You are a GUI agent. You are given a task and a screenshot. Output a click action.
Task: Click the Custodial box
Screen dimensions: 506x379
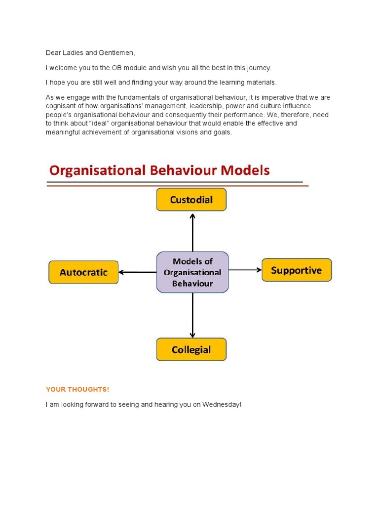191,200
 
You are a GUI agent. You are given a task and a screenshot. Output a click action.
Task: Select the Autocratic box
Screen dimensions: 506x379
83,272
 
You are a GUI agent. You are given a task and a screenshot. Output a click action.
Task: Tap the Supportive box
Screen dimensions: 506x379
297,270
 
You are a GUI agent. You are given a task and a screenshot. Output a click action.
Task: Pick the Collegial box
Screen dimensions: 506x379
191,350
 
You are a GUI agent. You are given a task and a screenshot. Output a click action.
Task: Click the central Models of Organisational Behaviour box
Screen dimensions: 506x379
192,272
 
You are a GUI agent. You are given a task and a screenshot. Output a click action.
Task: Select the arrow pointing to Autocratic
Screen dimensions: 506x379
138,272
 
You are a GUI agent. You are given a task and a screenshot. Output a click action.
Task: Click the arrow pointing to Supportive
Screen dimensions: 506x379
245,270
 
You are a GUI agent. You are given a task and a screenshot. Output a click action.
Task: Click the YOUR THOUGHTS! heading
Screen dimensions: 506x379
77,390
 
